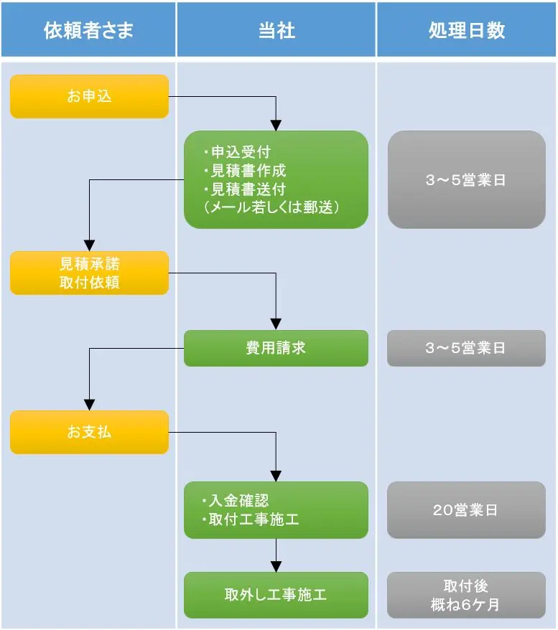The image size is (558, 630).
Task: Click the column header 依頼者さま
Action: click(x=88, y=30)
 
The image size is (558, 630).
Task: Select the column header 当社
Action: click(x=276, y=30)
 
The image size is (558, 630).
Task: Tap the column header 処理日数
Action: click(x=466, y=30)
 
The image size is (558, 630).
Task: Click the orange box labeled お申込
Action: click(x=89, y=96)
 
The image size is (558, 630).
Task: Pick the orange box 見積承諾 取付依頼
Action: click(x=89, y=273)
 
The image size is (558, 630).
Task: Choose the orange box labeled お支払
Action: click(x=89, y=432)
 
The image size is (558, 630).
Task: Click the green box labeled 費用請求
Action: click(x=276, y=348)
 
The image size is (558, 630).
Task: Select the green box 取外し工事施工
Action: click(x=276, y=595)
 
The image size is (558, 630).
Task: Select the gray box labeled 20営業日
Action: click(x=466, y=510)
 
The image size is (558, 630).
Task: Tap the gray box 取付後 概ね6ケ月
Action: click(x=466, y=595)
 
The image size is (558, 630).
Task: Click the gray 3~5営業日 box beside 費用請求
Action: click(x=466, y=348)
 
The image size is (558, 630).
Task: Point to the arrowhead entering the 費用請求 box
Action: click(x=276, y=324)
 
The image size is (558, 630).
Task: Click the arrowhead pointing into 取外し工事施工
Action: click(x=276, y=566)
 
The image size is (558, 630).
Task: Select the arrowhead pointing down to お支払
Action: click(x=89, y=405)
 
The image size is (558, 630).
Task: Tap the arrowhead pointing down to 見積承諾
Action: click(x=89, y=245)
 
